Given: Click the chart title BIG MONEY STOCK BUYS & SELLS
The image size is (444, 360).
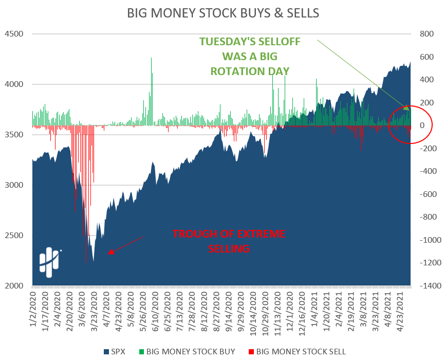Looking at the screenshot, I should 221,13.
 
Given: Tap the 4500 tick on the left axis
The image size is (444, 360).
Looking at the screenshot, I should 14,34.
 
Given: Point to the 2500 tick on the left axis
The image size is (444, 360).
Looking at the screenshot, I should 14,236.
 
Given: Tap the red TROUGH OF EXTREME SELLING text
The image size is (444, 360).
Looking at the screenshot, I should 229,241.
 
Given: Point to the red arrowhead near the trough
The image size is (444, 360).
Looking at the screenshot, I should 110,252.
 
